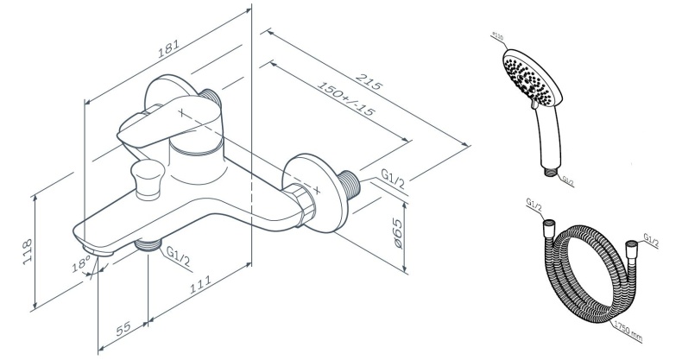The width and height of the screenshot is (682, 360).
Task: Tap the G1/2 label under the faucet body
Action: (179, 256)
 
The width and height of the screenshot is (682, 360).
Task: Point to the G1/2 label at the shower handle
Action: (567, 180)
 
